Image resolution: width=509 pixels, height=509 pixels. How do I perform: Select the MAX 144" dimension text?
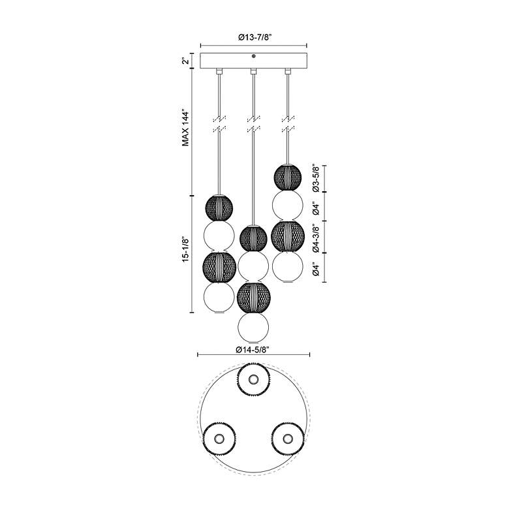click(x=186, y=128)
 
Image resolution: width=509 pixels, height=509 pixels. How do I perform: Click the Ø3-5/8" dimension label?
click(x=315, y=178)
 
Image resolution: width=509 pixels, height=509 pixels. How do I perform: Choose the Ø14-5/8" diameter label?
click(x=253, y=349)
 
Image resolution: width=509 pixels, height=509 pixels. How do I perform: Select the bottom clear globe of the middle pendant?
click(x=253, y=328)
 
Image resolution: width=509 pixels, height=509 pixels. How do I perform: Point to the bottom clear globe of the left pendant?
click(x=219, y=297)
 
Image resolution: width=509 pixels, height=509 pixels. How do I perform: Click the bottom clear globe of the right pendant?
click(x=288, y=267)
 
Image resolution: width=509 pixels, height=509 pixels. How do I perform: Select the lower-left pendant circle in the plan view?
click(x=219, y=439)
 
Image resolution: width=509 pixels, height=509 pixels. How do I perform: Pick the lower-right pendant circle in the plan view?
click(x=287, y=439)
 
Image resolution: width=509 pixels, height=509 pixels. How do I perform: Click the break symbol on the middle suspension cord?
click(x=253, y=124)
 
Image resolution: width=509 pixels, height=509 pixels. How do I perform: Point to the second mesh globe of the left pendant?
click(x=219, y=267)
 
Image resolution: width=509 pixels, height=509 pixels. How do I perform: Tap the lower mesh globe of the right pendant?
click(x=288, y=237)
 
